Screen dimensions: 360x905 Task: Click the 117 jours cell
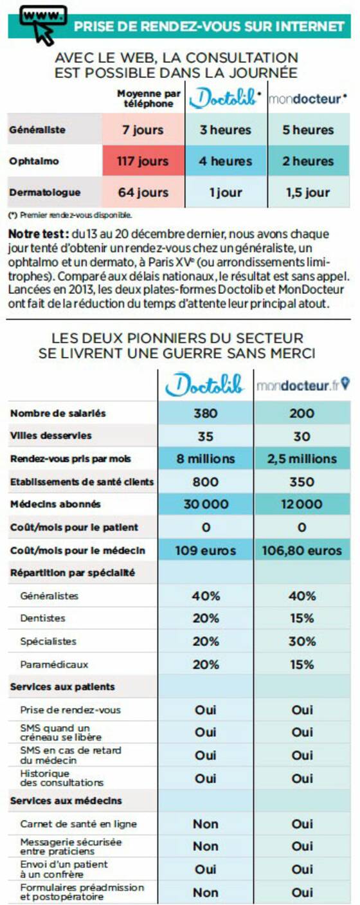point(143,161)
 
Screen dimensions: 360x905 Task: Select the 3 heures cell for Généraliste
point(226,130)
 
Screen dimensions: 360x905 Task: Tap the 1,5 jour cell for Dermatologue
point(309,192)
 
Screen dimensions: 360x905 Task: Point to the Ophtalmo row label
point(34,161)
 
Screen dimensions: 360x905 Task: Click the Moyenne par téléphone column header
point(148,98)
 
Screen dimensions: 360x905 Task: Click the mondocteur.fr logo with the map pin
point(303,385)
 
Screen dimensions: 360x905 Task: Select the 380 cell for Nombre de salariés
point(206,413)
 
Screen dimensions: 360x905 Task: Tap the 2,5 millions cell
point(302,459)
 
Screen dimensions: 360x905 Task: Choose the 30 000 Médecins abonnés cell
point(206,504)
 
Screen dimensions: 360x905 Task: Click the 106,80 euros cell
point(302,550)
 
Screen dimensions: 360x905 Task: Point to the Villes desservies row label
point(51,435)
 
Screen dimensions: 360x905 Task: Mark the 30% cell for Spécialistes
point(302,641)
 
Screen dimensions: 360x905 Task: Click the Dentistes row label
point(43,618)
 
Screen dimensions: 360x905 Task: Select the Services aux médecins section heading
point(66,801)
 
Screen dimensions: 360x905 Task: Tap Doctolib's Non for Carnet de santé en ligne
point(206,824)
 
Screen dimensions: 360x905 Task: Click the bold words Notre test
point(37,234)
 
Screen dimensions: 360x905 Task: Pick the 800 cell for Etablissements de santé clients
point(206,482)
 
